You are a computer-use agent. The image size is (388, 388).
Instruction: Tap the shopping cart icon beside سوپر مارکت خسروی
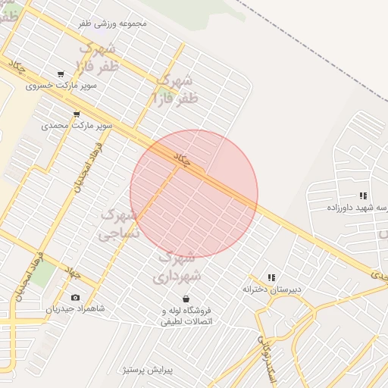point(61,74)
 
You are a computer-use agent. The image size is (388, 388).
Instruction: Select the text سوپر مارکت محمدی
point(77,125)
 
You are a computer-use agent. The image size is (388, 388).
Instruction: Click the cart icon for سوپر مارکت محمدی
point(77,114)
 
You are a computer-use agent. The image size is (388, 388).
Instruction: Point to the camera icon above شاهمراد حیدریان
point(74,298)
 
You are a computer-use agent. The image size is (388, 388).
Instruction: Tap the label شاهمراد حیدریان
point(75,309)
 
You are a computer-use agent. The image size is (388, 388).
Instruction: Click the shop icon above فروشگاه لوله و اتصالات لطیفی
point(186,299)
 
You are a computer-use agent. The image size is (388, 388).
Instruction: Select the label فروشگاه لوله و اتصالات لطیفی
point(186,316)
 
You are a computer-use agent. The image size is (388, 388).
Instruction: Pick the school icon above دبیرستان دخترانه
point(271,277)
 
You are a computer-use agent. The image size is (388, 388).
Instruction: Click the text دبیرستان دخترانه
point(271,289)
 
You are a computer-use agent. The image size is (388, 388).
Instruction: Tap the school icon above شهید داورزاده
point(363,196)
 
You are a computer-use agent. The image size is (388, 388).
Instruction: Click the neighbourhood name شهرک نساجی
point(120,225)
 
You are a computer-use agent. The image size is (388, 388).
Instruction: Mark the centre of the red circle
point(194,194)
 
